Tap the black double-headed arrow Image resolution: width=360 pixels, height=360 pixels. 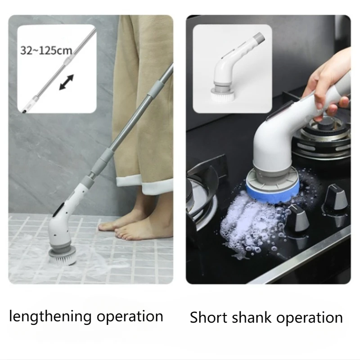tap(66, 83)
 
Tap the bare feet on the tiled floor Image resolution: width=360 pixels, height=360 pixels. tap(130, 225)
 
